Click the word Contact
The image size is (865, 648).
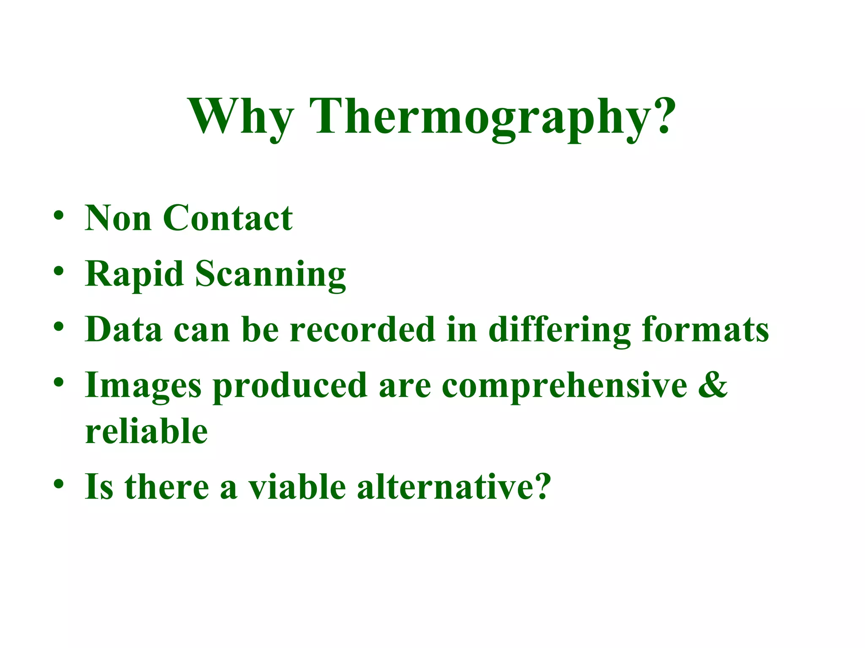pos(228,218)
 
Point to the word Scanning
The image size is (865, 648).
pos(270,275)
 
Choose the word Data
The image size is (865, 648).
pos(124,329)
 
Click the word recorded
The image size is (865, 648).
pos(362,329)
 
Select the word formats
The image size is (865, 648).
pos(705,329)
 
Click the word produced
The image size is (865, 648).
pos(290,386)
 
